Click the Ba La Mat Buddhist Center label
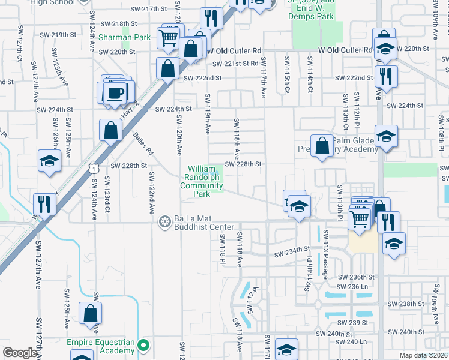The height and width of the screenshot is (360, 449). tap(203, 223)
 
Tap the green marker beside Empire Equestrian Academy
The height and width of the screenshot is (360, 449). tap(143, 346)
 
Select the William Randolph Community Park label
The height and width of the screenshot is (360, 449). tap(203, 181)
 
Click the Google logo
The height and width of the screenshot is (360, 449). tap(20, 353)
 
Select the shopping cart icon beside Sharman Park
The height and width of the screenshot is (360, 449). tap(169, 38)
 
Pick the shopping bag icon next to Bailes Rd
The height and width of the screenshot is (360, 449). tap(111, 130)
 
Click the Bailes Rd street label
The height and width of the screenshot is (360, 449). tap(142, 145)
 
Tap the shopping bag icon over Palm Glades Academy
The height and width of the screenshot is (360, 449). tap(322, 146)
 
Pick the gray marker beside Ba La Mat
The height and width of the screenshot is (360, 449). tap(164, 223)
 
